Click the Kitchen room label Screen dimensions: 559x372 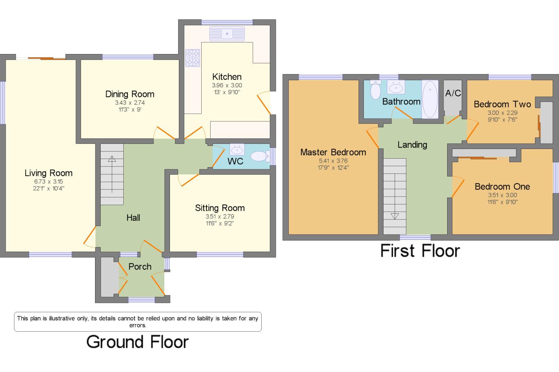(x=227, y=77)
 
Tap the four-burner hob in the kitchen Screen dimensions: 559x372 (x=193, y=58)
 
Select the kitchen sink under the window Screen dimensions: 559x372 (x=227, y=34)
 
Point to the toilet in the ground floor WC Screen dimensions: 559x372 (x=260, y=156)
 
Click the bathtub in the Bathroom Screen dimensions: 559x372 (x=430, y=99)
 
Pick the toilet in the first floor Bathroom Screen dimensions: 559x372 (x=376, y=90)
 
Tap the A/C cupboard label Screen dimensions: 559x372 (x=453, y=93)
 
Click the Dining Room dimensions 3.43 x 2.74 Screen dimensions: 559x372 (x=130, y=102)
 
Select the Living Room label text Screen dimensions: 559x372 (x=48, y=173)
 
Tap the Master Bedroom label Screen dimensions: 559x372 (x=333, y=152)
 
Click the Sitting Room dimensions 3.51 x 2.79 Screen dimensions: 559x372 (x=220, y=216)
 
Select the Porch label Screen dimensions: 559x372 (x=140, y=267)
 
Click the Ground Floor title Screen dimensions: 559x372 (x=138, y=342)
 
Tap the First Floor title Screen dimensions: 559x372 (x=420, y=251)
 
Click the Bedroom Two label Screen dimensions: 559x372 (x=502, y=104)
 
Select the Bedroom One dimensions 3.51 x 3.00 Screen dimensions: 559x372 (x=503, y=195)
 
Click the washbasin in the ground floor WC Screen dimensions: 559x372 (x=237, y=150)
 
